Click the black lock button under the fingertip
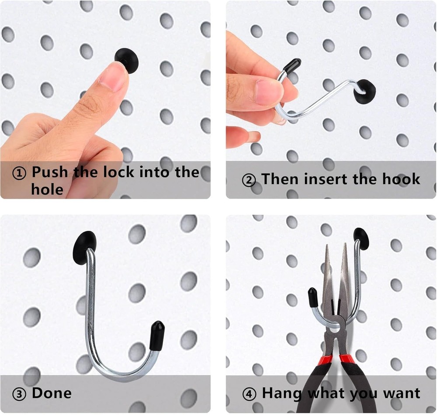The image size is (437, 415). pyautogui.click(x=127, y=59)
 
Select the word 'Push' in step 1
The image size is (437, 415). pyautogui.click(x=50, y=172)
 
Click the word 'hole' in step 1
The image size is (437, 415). pyautogui.click(x=47, y=189)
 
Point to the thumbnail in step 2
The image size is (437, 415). pyautogui.click(x=268, y=92)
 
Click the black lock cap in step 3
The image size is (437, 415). pyautogui.click(x=85, y=247)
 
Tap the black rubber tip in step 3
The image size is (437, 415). pyautogui.click(x=157, y=336)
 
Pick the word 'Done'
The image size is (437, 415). pyautogui.click(x=51, y=393)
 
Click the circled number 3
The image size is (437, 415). pyautogui.click(x=19, y=394)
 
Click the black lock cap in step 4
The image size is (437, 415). pyautogui.click(x=361, y=239)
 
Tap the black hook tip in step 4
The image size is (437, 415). pyautogui.click(x=312, y=298)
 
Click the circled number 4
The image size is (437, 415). pyautogui.click(x=249, y=394)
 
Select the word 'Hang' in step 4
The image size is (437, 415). pyautogui.click(x=282, y=394)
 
